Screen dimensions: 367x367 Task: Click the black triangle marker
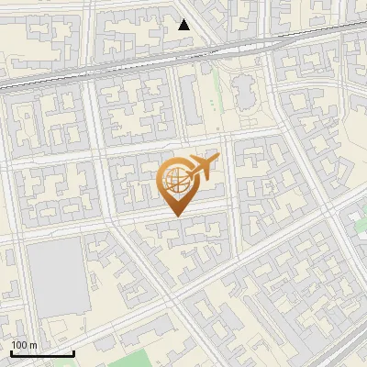[x=184, y=25]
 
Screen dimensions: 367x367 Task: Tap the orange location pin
[x=177, y=183]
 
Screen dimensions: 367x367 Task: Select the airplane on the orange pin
[x=201, y=168]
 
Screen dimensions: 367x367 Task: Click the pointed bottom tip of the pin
[x=177, y=216]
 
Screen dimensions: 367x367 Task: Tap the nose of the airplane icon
[x=217, y=159]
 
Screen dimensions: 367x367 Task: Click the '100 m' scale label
[x=24, y=345]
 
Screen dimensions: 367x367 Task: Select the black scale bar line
[x=42, y=353]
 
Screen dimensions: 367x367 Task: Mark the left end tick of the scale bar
[x=11, y=351]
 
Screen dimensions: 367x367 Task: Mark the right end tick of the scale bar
[x=73, y=351]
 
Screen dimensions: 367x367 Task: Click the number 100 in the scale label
[x=19, y=345]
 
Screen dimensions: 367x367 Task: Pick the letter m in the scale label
[x=33, y=345]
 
